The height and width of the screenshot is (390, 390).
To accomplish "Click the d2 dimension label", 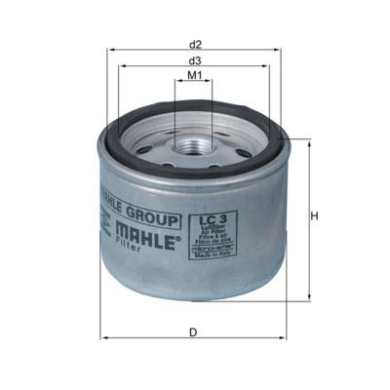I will pyautogui.click(x=195, y=45).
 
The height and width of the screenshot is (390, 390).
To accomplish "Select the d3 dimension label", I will pyautogui.click(x=195, y=60).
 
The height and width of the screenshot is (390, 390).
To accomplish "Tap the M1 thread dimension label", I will pyautogui.click(x=195, y=76).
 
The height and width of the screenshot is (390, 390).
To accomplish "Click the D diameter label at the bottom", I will pyautogui.click(x=194, y=332).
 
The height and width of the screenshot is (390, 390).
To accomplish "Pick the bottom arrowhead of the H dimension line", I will pyautogui.click(x=307, y=297).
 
